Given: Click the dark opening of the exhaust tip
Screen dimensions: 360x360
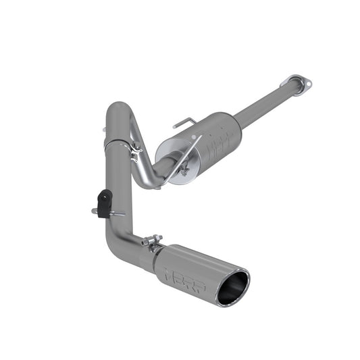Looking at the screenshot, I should (233, 286).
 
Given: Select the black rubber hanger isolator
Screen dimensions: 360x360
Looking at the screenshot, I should (103, 203).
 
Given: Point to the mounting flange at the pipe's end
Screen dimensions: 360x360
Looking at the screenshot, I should (297, 84).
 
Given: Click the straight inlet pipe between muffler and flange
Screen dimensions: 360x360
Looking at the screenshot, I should (263, 107).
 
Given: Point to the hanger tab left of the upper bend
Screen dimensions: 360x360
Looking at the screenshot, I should (105, 128).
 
